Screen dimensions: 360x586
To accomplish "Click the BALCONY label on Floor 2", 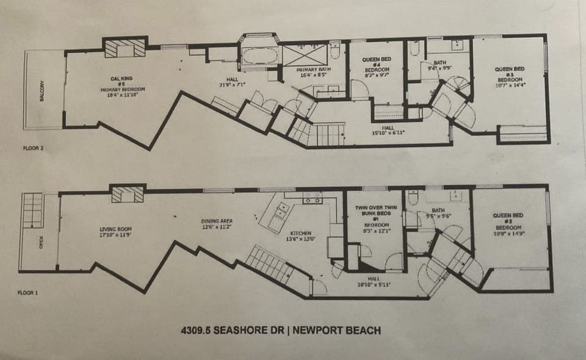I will [42, 90].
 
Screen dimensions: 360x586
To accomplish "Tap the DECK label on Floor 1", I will [42, 242].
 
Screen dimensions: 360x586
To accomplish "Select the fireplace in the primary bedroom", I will [125, 48].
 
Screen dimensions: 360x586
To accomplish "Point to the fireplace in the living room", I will [128, 194].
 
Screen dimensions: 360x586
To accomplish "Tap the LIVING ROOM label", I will [116, 231].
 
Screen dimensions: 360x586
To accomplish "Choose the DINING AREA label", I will [217, 223].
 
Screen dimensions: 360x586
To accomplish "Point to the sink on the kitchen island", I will [281, 211].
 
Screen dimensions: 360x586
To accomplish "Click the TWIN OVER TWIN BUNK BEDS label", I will [376, 212].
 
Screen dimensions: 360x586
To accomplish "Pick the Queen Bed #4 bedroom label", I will [377, 65].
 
